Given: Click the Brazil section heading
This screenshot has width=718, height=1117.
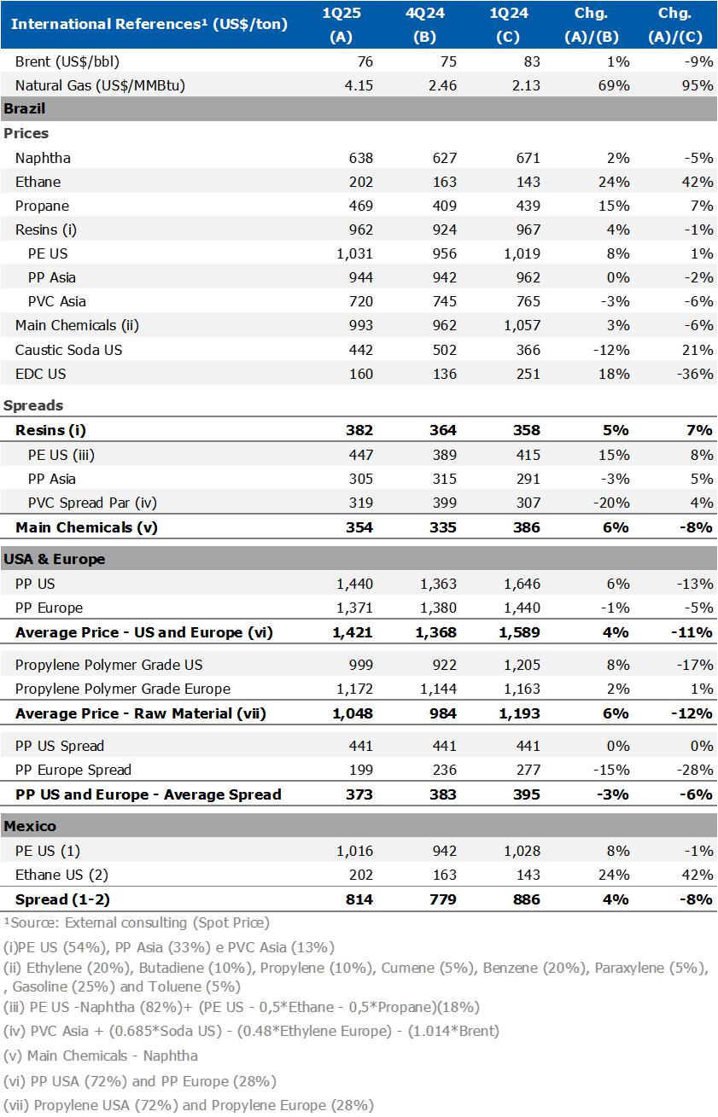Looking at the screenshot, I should click(x=25, y=108).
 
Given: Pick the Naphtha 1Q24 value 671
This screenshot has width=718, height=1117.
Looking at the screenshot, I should click(x=528, y=158).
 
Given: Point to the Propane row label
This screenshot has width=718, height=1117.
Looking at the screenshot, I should click(x=42, y=206).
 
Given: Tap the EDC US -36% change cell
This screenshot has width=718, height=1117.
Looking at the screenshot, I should click(x=696, y=374).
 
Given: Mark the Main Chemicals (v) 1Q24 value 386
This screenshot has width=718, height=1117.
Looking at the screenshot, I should click(x=528, y=527).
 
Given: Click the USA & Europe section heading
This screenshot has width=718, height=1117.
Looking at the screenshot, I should click(x=55, y=559).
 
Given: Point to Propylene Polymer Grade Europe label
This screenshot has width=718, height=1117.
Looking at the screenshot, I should click(x=123, y=689).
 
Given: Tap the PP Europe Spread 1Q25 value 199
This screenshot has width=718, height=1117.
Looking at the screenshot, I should click(x=360, y=770).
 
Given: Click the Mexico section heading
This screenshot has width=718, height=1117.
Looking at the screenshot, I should click(x=30, y=826).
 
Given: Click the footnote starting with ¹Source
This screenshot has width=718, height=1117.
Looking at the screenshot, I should click(x=137, y=922).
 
